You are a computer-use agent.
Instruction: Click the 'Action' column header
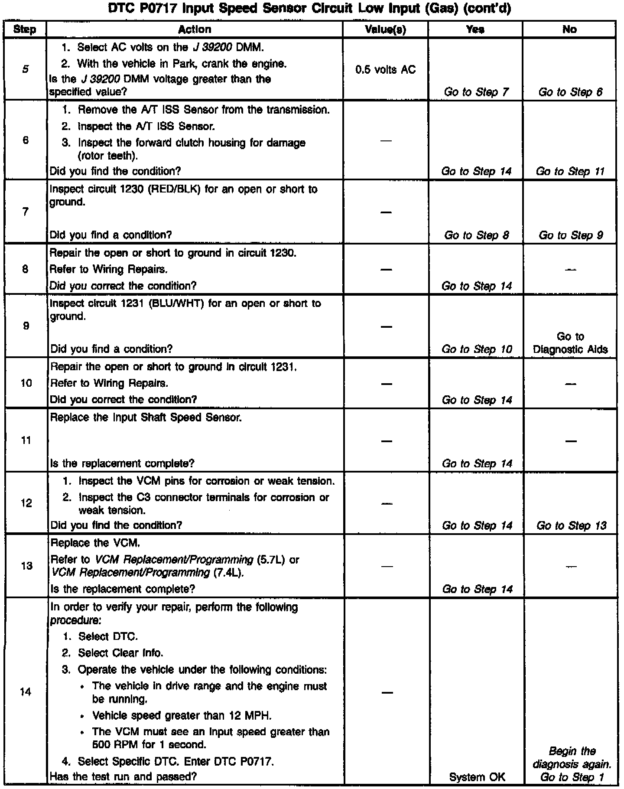[195, 29]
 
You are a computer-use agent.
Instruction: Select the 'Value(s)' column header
[385, 29]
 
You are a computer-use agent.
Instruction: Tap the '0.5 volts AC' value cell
[385, 69]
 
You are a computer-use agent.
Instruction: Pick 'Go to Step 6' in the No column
[570, 92]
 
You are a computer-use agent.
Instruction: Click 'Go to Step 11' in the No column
[570, 171]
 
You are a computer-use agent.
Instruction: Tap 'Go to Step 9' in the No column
[570, 235]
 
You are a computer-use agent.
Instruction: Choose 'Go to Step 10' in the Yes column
[477, 349]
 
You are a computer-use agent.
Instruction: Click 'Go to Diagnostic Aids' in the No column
[570, 343]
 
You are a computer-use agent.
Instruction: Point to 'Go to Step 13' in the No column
[571, 525]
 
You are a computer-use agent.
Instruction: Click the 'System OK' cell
[477, 777]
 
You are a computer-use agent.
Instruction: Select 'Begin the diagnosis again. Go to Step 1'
[572, 764]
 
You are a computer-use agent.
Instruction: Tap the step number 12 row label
[26, 503]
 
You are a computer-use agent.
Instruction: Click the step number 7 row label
[25, 212]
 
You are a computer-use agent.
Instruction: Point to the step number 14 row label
[26, 692]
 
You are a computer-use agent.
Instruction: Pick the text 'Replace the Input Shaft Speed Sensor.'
[146, 417]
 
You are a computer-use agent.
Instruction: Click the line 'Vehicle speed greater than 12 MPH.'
[182, 715]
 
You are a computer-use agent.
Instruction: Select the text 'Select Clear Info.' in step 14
[120, 653]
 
